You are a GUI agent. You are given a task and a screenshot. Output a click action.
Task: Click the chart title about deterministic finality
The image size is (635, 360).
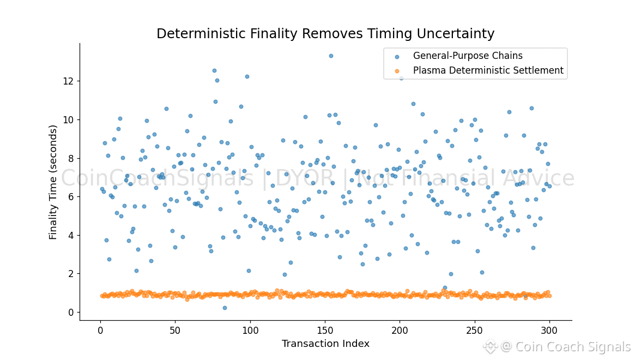325,34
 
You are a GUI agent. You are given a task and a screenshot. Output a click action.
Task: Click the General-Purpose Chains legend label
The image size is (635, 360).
468,56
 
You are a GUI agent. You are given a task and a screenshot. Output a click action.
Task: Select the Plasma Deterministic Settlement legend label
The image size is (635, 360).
488,70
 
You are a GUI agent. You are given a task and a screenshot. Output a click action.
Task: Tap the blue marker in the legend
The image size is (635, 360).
397,56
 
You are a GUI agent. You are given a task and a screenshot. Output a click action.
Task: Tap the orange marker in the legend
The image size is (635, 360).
397,71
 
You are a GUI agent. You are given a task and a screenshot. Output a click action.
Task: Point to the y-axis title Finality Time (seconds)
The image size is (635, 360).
53,182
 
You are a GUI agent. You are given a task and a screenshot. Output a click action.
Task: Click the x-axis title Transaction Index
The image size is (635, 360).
325,344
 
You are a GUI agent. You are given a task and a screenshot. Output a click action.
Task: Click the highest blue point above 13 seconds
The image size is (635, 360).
331,56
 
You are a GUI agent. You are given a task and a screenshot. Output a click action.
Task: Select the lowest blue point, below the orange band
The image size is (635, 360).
225,308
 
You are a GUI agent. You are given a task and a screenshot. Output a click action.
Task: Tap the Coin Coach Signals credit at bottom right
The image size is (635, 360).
565,347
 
